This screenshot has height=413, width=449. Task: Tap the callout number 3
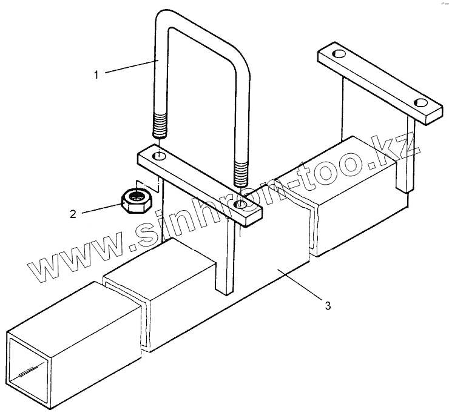(x=328, y=306)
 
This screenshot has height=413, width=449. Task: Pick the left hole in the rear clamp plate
(x=338, y=55)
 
